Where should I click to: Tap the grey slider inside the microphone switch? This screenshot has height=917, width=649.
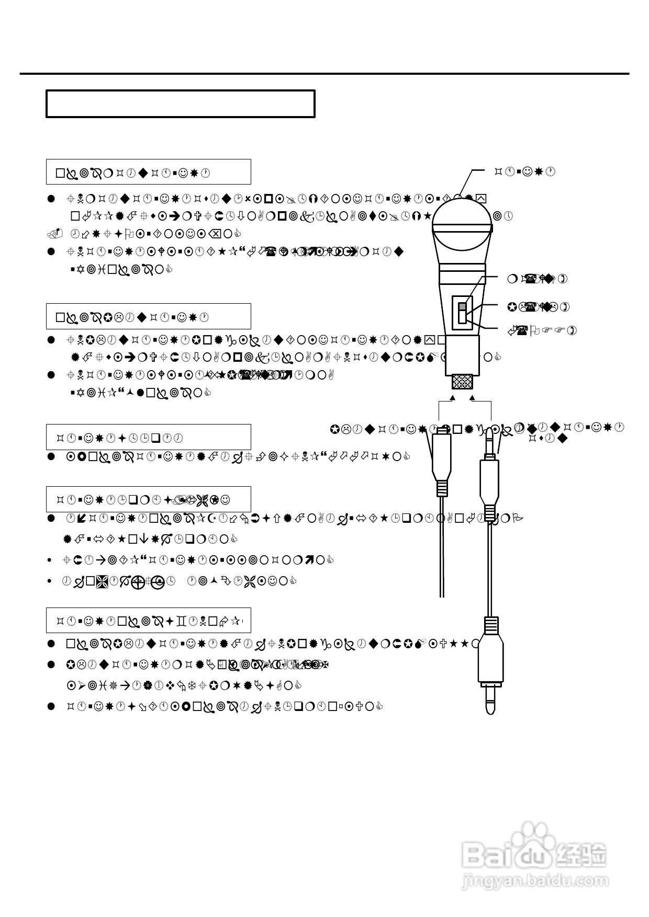[462, 307]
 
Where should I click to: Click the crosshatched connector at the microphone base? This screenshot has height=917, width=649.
[462, 382]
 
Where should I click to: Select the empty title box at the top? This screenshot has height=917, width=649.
[181, 104]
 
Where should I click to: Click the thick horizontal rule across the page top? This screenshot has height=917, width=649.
[324, 74]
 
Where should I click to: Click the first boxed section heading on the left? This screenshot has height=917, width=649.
[148, 172]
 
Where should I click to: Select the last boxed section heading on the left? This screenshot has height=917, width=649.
[148, 621]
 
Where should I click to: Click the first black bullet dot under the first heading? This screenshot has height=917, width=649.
[51, 199]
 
